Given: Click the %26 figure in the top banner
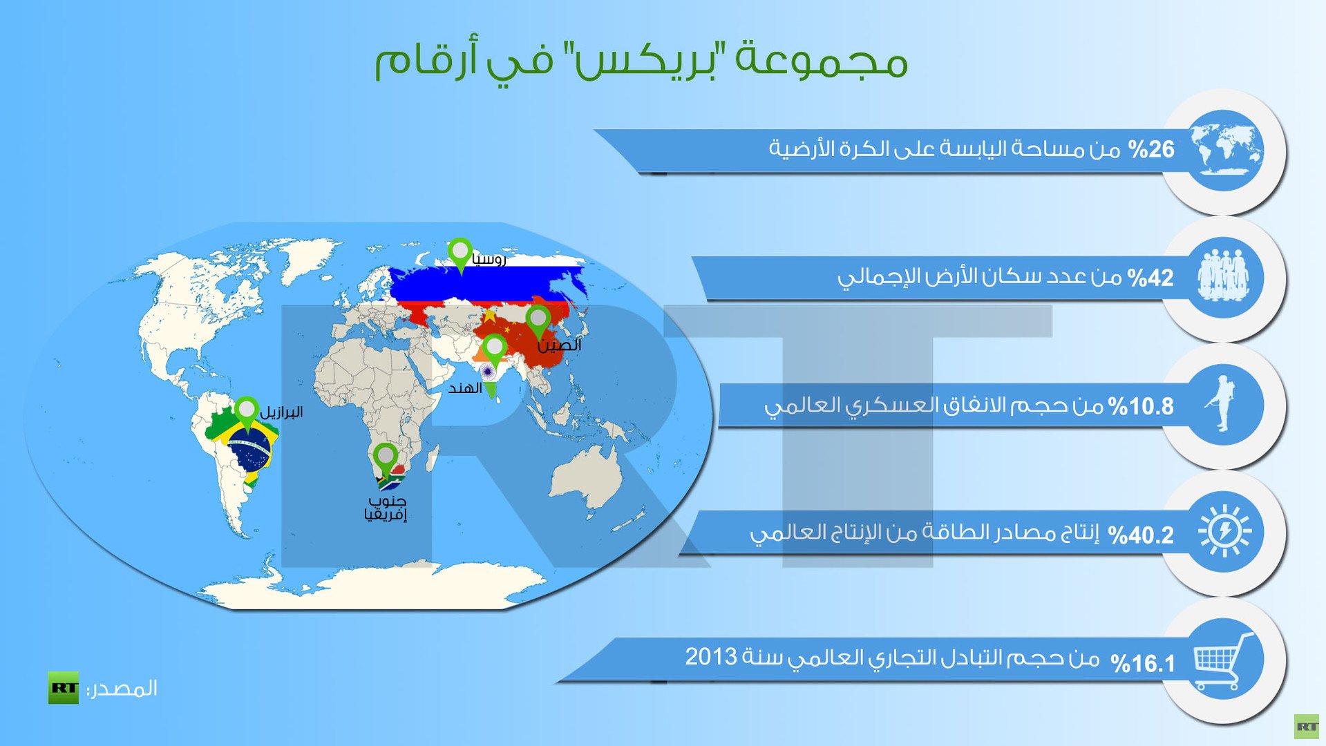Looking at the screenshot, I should [1151, 149].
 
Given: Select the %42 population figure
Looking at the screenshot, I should [1150, 278].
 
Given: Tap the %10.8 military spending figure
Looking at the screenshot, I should [1141, 406].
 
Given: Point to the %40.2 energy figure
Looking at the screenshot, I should [1141, 535].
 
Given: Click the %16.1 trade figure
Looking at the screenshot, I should [1144, 664].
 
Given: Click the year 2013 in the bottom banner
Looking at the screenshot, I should [711, 656].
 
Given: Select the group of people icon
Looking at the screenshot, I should [1224, 276].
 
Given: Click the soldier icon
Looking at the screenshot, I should [1222, 404].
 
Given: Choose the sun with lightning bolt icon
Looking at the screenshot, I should [1225, 531].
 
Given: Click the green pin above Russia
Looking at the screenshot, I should [460, 254].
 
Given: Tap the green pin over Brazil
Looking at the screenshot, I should [247, 413].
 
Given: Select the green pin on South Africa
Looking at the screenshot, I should [385, 459].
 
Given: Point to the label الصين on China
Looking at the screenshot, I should [560, 345].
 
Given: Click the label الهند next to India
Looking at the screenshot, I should [465, 388].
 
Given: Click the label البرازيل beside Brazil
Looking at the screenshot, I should [281, 412].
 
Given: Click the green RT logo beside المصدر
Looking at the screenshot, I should [63, 687].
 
